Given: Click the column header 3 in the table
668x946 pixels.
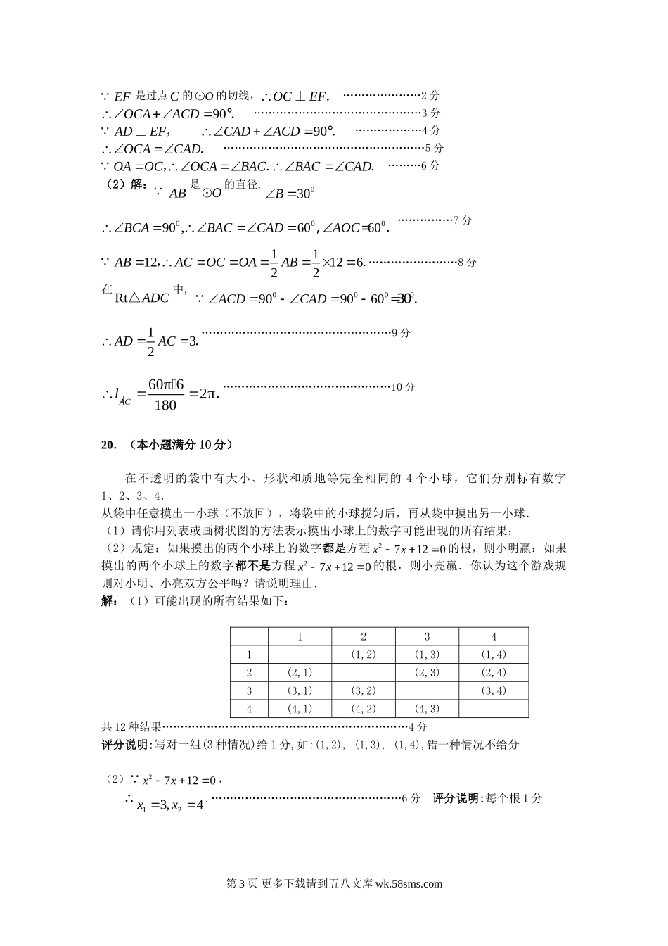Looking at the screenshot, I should pyautogui.click(x=427, y=636).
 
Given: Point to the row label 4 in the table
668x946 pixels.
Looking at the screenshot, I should pyautogui.click(x=249, y=709).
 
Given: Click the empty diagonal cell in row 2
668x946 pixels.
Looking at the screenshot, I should pyautogui.click(x=364, y=672).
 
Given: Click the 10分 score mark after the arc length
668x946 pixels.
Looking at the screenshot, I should pyautogui.click(x=403, y=386).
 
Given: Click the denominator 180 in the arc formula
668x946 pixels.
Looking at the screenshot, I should pyautogui.click(x=165, y=405).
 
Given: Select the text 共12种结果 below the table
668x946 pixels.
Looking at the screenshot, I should pyautogui.click(x=131, y=727).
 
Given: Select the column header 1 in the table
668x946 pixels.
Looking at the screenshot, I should pyautogui.click(x=300, y=636).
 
